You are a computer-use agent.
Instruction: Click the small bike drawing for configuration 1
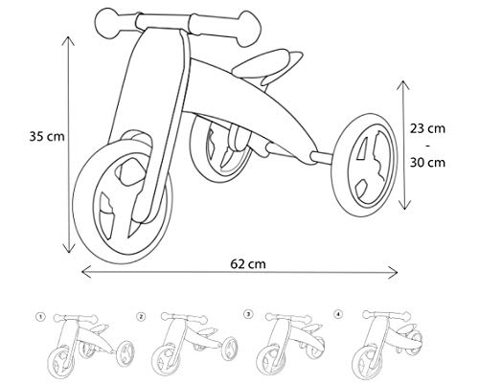point(86,343)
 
